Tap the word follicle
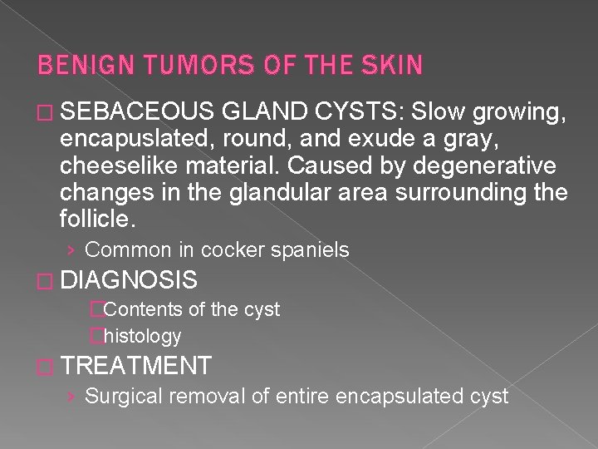[96, 220]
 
